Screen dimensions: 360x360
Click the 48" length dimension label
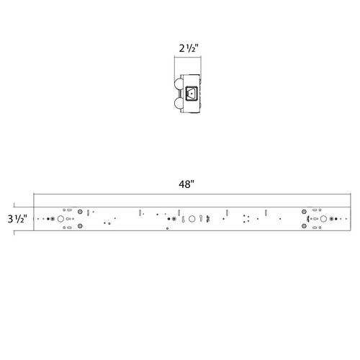pyautogui.click(x=186, y=184)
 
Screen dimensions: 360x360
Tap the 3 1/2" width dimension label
pyautogui.click(x=16, y=217)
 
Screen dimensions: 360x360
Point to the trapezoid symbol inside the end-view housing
pyautogui.click(x=191, y=92)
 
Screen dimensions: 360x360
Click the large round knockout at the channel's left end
pyautogui.click(x=61, y=218)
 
